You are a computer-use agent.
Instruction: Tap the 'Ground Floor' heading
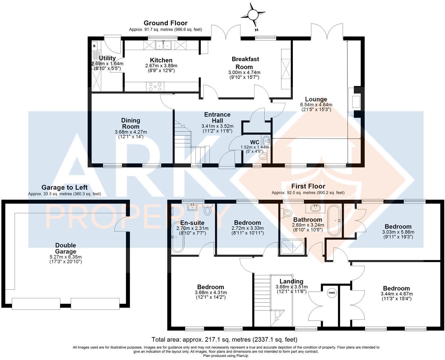click(165, 23)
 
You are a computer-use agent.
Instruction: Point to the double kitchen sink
click(163, 45)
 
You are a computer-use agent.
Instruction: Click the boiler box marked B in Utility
click(94, 46)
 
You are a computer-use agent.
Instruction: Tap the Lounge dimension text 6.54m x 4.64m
click(316, 105)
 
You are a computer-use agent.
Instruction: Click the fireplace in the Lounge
click(354, 101)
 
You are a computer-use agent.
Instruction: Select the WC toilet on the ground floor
click(263, 156)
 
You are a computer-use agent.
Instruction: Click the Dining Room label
click(131, 123)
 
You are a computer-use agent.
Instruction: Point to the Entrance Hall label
click(217, 117)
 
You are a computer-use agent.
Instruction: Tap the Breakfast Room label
click(245, 63)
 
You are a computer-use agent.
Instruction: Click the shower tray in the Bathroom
click(293, 247)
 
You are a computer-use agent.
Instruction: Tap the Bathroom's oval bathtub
click(333, 220)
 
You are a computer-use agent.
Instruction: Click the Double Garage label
click(66, 248)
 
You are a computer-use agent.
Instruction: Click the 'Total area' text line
click(224, 340)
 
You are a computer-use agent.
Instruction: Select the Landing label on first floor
click(291, 281)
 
